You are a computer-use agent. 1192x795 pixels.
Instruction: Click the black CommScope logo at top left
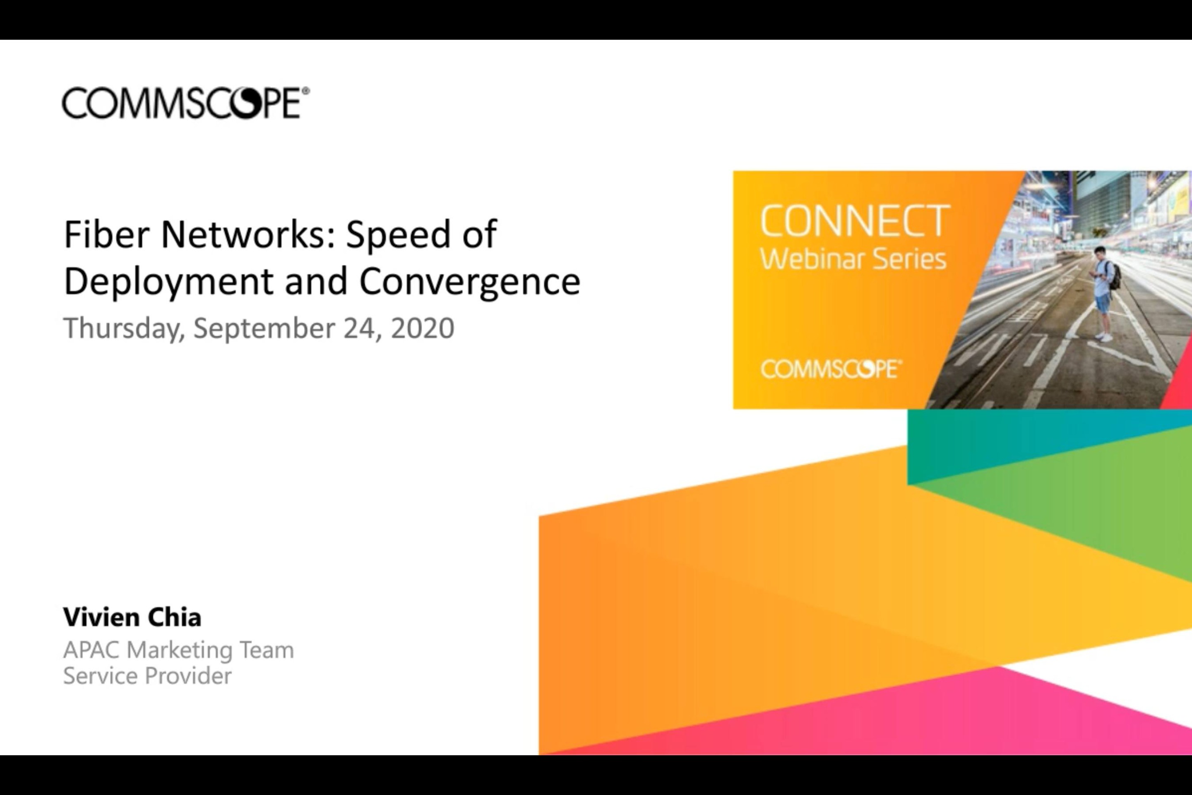point(185,103)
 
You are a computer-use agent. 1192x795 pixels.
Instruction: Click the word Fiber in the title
point(106,234)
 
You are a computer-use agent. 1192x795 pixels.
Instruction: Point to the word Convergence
point(469,282)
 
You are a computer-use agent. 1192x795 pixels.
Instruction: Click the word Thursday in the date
point(124,328)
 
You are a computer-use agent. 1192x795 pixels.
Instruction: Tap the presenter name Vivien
point(101,617)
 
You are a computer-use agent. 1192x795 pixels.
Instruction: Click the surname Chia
point(174,617)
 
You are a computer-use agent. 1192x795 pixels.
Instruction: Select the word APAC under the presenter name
point(91,650)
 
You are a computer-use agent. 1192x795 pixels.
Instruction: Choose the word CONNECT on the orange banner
point(855,221)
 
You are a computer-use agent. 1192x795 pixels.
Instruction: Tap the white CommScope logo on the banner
point(831,369)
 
